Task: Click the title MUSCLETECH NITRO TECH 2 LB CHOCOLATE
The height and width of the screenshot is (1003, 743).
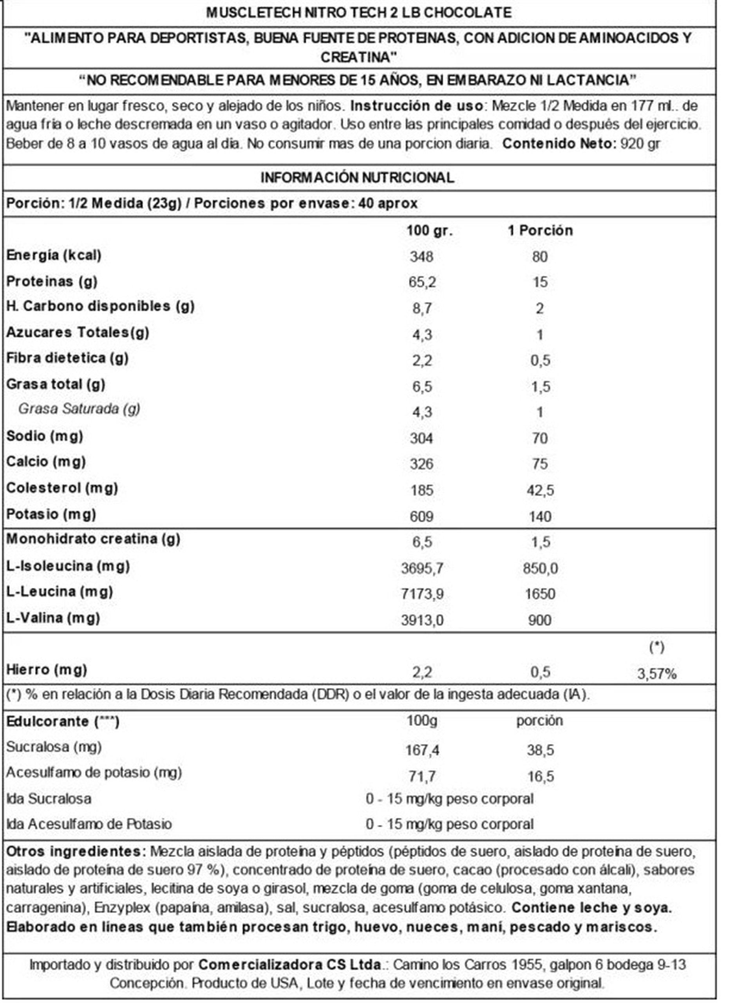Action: point(358,13)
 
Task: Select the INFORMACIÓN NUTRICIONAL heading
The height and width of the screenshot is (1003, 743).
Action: point(358,177)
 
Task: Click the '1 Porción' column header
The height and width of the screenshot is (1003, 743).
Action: point(540,231)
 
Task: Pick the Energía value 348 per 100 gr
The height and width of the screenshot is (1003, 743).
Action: point(421,257)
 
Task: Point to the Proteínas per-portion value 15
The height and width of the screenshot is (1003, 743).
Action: point(540,282)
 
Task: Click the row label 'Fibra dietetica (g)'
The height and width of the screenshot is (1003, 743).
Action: point(67,358)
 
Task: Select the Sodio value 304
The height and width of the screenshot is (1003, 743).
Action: point(421,438)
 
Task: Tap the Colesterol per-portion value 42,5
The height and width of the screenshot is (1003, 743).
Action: point(540,490)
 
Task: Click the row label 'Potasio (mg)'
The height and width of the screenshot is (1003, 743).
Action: point(51,514)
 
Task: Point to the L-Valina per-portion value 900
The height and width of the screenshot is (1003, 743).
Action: point(540,620)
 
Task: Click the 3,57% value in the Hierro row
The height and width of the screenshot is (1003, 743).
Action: point(657,674)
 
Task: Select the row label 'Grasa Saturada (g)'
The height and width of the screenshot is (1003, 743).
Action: point(79,409)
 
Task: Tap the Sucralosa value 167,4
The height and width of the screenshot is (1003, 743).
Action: point(422,750)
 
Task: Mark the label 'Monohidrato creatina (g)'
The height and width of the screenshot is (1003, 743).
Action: point(93,539)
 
